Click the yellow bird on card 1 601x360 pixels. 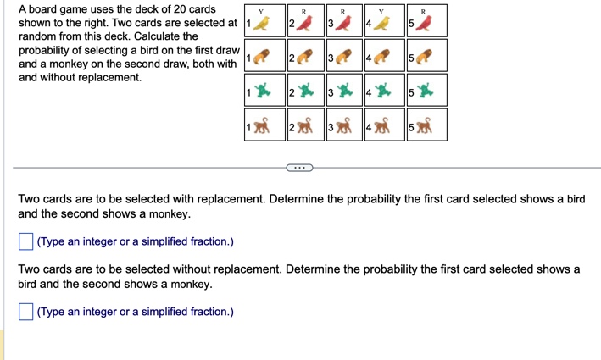pos(261,24)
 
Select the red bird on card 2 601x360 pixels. pos(303,24)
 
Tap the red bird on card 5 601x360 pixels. pos(423,24)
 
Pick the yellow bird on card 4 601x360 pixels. pos(381,24)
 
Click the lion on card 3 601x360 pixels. pos(343,57)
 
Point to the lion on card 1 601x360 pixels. pos(261,57)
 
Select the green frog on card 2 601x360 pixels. pos(305,91)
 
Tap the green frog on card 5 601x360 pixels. pos(425,91)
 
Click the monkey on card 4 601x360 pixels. pos(381,125)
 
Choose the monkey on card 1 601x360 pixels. pos(262,125)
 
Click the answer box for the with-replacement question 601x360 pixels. pos(25,241)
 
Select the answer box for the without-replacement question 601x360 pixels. pos(25,312)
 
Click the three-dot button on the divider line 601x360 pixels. pos(300,168)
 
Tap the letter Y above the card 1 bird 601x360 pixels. pos(261,12)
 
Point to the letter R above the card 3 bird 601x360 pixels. pos(343,12)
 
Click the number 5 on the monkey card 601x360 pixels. pos(411,127)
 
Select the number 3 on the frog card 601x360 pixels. pos(331,92)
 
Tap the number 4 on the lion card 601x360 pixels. pos(369,58)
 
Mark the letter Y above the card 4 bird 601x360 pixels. pos(381,12)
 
